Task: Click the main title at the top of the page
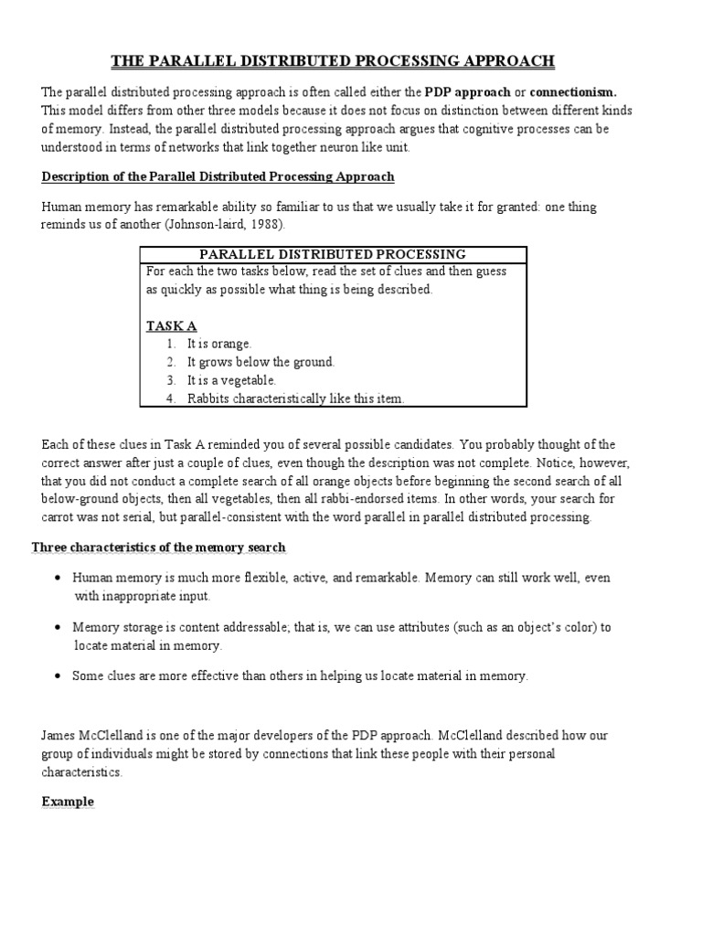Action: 333,62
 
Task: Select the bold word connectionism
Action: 573,92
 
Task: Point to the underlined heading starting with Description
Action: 218,176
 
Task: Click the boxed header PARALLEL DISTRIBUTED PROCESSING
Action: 333,254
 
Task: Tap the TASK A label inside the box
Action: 171,326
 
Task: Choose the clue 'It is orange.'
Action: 219,344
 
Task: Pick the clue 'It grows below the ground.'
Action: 261,362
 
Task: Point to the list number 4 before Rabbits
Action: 170,399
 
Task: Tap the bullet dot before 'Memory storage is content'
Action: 58,628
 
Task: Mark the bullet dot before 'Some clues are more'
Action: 58,676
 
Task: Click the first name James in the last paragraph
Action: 58,736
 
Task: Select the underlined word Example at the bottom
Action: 68,802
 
